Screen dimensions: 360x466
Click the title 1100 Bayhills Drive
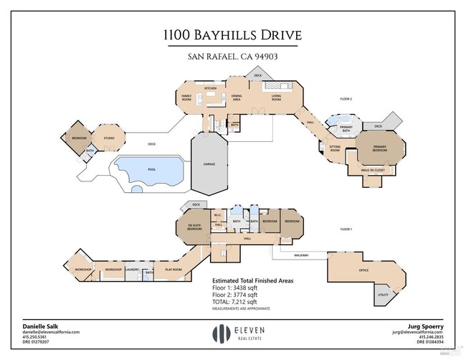(x=233, y=35)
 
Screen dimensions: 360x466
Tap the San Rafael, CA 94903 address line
(x=233, y=57)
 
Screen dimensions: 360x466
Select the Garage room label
(x=209, y=164)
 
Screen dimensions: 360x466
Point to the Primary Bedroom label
(x=379, y=148)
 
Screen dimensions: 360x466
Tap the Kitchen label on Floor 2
(x=211, y=88)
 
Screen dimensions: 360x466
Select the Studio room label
(x=109, y=137)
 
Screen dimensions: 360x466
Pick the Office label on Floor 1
(x=363, y=270)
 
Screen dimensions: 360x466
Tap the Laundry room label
(x=133, y=270)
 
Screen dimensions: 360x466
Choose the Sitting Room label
(x=335, y=149)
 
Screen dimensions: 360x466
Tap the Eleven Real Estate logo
(x=233, y=333)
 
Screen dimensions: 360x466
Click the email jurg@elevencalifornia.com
(x=417, y=332)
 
